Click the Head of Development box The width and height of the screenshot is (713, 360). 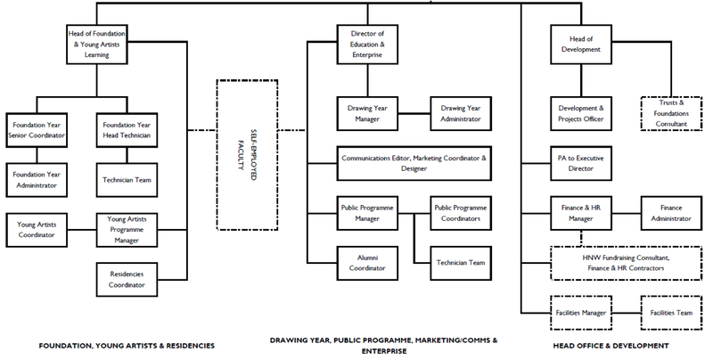(x=581, y=45)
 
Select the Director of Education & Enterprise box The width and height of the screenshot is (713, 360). (x=367, y=45)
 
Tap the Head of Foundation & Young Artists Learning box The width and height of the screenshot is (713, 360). (x=97, y=45)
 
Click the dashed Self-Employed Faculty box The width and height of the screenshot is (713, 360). (x=247, y=155)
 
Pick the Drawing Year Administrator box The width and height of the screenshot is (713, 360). (x=461, y=114)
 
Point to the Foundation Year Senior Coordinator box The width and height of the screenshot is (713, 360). (x=37, y=130)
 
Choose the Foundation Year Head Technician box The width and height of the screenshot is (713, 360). (x=127, y=130)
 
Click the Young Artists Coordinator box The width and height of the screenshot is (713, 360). (x=37, y=230)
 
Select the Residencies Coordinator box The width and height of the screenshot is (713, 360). (x=127, y=280)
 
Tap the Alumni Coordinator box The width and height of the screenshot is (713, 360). (x=367, y=263)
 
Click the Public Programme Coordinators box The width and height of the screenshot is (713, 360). (x=461, y=213)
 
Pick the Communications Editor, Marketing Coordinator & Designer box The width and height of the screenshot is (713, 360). (x=414, y=163)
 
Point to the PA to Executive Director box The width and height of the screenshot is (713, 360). (x=581, y=163)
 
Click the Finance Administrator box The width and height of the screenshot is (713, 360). (x=671, y=213)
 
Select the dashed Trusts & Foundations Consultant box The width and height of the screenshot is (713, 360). (x=671, y=114)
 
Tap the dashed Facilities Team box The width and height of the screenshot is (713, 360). (x=671, y=313)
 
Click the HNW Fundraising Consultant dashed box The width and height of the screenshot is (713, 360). (x=627, y=263)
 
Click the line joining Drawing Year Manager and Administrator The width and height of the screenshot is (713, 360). (x=414, y=114)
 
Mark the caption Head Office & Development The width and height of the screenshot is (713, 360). (x=611, y=346)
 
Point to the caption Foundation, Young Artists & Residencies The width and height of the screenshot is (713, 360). (x=127, y=346)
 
